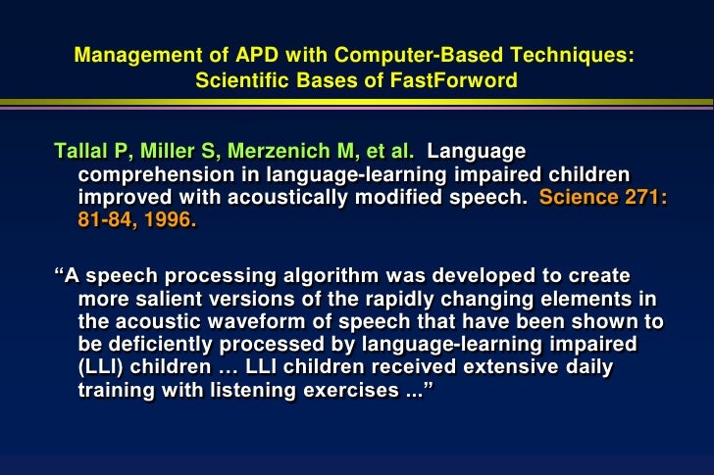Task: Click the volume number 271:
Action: pyautogui.click(x=648, y=198)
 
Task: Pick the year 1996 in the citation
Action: pyautogui.click(x=170, y=220)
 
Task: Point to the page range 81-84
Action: pyautogui.click(x=108, y=220)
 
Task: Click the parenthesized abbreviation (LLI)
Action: pyautogui.click(x=101, y=366)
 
